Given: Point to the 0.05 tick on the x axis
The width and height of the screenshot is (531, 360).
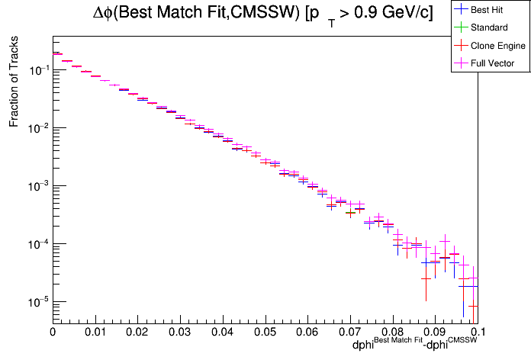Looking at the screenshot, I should coord(265,333).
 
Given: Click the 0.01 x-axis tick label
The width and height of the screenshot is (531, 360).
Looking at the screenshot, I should coord(95,333).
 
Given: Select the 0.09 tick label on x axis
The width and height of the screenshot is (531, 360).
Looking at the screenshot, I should coord(435,333).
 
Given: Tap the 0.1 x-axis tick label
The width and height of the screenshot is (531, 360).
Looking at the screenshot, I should coord(478,333).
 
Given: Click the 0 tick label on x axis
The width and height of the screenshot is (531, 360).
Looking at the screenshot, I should coord(52,333).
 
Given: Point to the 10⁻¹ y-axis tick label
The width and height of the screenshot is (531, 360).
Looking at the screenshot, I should coord(35,70).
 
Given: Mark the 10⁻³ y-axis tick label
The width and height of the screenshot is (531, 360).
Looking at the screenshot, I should coord(35,186).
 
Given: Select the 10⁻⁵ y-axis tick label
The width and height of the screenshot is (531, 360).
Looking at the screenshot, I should coord(35,302).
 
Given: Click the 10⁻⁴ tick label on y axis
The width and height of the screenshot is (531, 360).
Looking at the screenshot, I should coord(35,244).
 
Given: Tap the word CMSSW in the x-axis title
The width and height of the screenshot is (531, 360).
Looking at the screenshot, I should coord(462,339).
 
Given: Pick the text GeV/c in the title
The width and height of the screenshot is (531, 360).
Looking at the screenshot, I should coord(401,13).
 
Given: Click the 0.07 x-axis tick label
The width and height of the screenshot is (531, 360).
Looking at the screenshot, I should coord(350,333).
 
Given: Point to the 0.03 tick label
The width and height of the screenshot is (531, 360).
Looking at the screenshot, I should coord(180,333).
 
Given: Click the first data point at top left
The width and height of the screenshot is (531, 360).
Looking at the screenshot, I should coord(56,53).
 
